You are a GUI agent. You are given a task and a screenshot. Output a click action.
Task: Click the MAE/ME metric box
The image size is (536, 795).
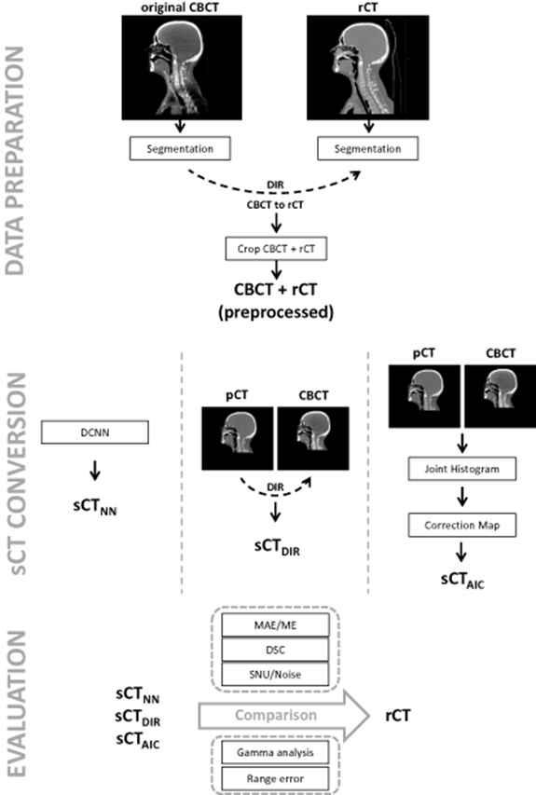pyautogui.click(x=268, y=622)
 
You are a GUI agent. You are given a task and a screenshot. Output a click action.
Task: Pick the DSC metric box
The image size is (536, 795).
pyautogui.click(x=268, y=645)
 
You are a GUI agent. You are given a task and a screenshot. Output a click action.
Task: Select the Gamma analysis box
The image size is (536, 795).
pyautogui.click(x=268, y=751)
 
